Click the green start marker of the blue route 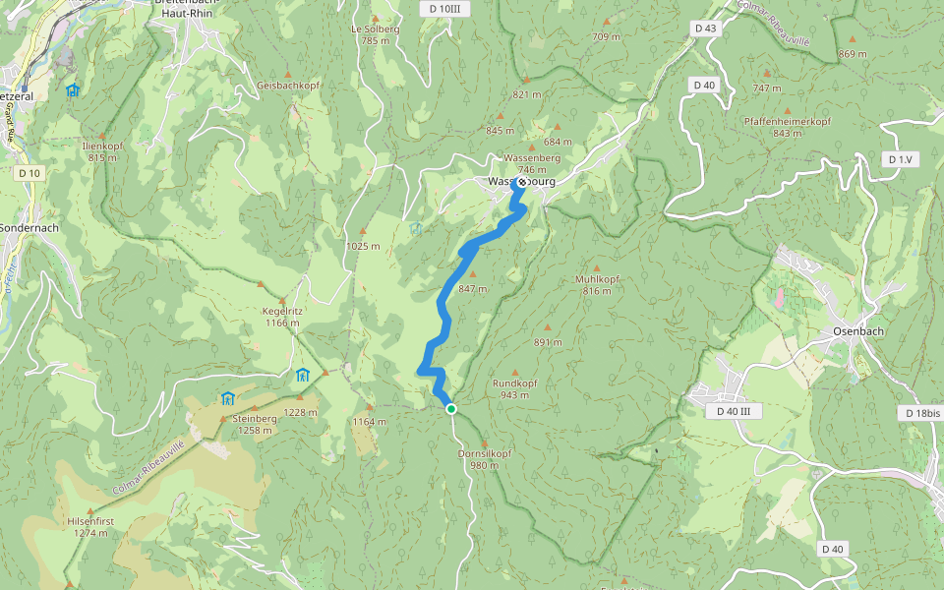[x=450, y=409]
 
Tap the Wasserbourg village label [x=521, y=182]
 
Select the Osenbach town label [x=857, y=331]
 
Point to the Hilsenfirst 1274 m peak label [x=90, y=527]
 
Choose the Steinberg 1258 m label [x=254, y=424]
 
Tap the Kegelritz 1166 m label [x=281, y=317]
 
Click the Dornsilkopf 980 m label [x=485, y=459]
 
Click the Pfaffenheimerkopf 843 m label [x=787, y=127]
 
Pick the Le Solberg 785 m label [x=376, y=34]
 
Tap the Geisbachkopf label [x=283, y=86]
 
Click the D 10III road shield [x=444, y=9]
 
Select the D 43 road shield [x=705, y=29]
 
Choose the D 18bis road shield [x=920, y=414]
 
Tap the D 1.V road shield [x=899, y=159]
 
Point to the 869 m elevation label [x=853, y=53]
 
